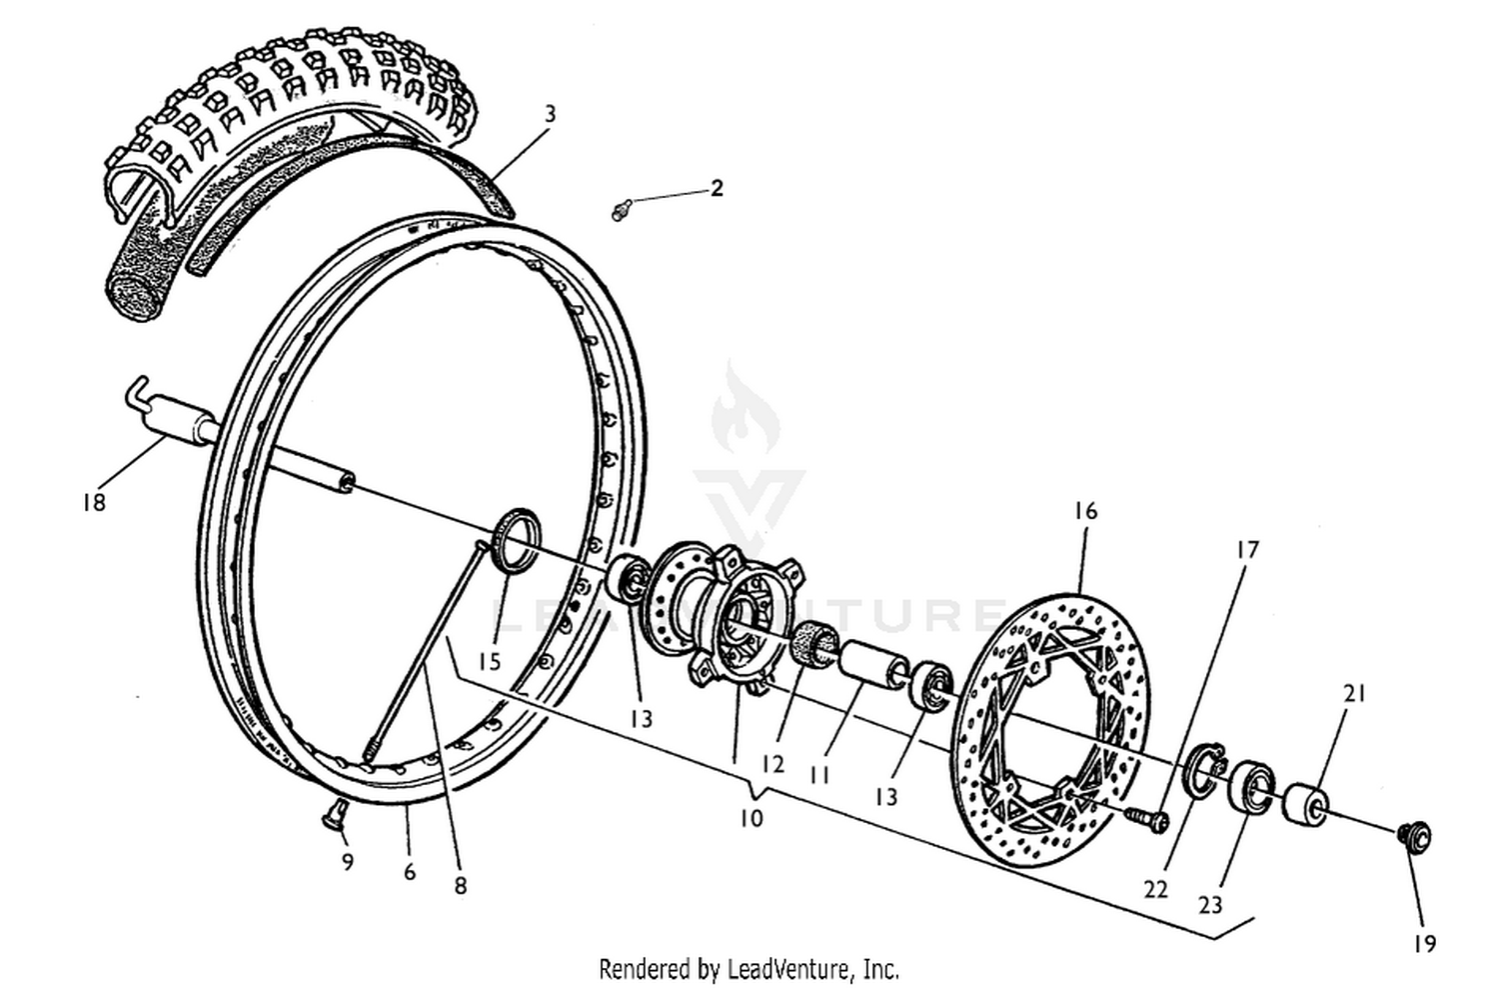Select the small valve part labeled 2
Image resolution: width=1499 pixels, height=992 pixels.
coord(621,210)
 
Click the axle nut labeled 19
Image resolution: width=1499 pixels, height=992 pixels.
coord(1416,835)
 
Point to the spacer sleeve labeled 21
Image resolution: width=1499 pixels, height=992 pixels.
coord(1306,803)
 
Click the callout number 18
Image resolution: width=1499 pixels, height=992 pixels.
coord(93,502)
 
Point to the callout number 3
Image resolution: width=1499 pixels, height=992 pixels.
coord(550,114)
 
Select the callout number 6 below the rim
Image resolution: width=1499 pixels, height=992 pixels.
coord(409,872)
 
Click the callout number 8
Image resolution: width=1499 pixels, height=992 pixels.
coord(460,885)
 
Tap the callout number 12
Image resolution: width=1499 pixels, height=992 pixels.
coord(771,764)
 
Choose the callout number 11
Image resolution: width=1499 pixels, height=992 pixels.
coord(819,774)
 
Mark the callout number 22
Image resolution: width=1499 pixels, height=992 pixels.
coord(1155,888)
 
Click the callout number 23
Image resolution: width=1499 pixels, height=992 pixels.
coord(1210,905)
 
